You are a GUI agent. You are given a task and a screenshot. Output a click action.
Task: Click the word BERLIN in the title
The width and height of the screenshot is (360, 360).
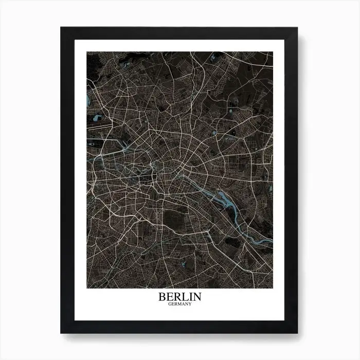pyautogui.click(x=180, y=297)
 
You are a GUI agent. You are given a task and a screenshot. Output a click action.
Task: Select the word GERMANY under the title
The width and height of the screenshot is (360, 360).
pyautogui.click(x=180, y=303)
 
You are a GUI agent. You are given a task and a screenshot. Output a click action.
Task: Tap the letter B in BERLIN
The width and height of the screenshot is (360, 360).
pyautogui.click(x=163, y=297)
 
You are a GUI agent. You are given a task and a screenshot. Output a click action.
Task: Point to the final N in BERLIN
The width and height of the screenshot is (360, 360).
pyautogui.click(x=197, y=297)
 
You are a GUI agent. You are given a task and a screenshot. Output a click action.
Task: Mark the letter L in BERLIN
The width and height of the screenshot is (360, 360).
pyautogui.click(x=184, y=297)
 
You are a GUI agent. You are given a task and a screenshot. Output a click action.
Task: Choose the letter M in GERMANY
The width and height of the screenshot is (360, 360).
pyautogui.click(x=179, y=303)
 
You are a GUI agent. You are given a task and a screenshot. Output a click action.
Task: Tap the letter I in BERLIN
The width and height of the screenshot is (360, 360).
pyautogui.click(x=189, y=297)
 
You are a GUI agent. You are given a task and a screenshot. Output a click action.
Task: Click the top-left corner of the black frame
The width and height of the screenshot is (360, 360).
pyautogui.click(x=61, y=27)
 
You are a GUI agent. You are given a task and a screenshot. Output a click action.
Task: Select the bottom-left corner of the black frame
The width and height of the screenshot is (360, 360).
pyautogui.click(x=61, y=333)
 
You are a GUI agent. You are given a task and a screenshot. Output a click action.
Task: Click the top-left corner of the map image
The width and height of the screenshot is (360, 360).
pyautogui.click(x=87, y=51)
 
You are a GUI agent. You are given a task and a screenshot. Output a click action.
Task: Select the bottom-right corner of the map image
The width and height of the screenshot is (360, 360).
pyautogui.click(x=273, y=288)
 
